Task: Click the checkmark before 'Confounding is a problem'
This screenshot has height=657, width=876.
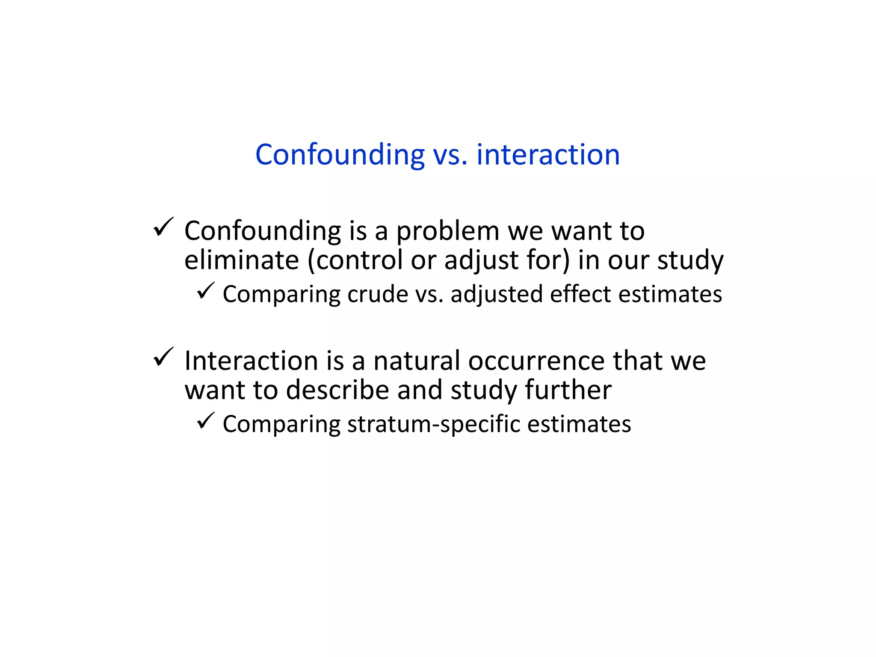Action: [x=163, y=227]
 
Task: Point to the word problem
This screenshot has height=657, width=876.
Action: [x=447, y=231]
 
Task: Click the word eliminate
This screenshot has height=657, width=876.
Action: [x=241, y=260]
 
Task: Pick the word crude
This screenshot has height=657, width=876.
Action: [x=378, y=294]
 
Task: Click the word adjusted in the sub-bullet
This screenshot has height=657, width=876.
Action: [x=497, y=294]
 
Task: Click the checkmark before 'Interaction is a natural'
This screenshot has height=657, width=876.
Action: [x=163, y=357]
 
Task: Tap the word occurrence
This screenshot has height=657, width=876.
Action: [x=536, y=361]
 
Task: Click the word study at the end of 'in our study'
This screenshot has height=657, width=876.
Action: [x=690, y=260]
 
